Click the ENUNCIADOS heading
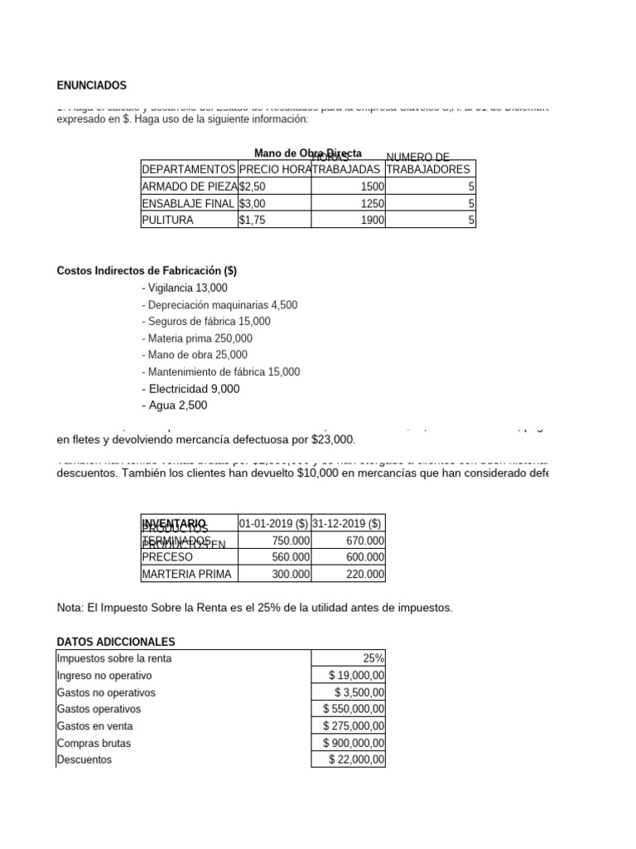click(x=92, y=85)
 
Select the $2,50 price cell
click(x=253, y=187)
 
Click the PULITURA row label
click(x=168, y=221)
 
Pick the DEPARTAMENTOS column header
click(x=189, y=169)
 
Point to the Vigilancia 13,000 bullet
click(x=185, y=288)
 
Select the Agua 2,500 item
click(x=175, y=405)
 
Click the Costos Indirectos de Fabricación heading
click(x=147, y=271)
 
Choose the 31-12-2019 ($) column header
click(x=347, y=523)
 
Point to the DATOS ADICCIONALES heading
click(x=116, y=642)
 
